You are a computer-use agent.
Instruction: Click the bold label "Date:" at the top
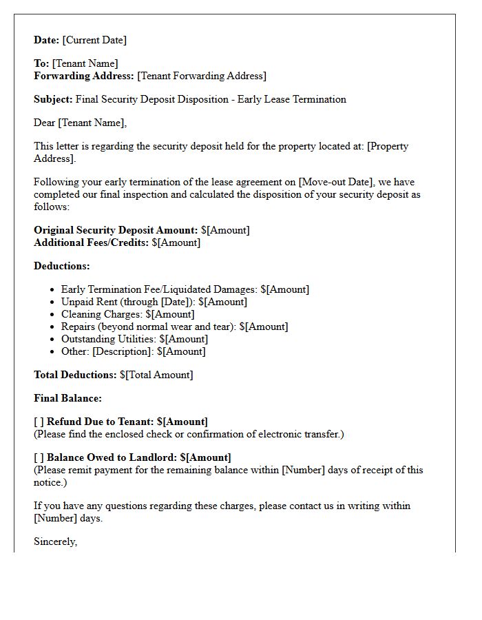pyautogui.click(x=47, y=40)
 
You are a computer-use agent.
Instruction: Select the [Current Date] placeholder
pyautogui.click(x=94, y=40)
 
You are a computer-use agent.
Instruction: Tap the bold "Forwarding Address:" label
pyautogui.click(x=84, y=76)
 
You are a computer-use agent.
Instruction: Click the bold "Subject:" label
pyautogui.click(x=53, y=99)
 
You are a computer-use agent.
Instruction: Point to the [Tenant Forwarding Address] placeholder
pyautogui.click(x=202, y=76)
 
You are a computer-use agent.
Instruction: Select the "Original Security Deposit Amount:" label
pyautogui.click(x=116, y=230)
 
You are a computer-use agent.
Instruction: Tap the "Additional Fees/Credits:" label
pyautogui.click(x=91, y=242)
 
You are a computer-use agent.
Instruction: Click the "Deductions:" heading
pyautogui.click(x=62, y=266)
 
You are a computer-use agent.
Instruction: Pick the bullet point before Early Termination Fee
pyautogui.click(x=54, y=290)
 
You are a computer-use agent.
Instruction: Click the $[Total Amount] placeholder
pyautogui.click(x=156, y=375)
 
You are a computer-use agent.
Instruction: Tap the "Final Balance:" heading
pyautogui.click(x=67, y=398)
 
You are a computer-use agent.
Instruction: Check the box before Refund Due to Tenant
pyautogui.click(x=39, y=422)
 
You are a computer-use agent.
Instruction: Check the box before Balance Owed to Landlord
pyautogui.click(x=39, y=457)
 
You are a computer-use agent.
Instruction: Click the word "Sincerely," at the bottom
pyautogui.click(x=55, y=541)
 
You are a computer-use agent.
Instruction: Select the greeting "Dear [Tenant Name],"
pyautogui.click(x=81, y=123)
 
